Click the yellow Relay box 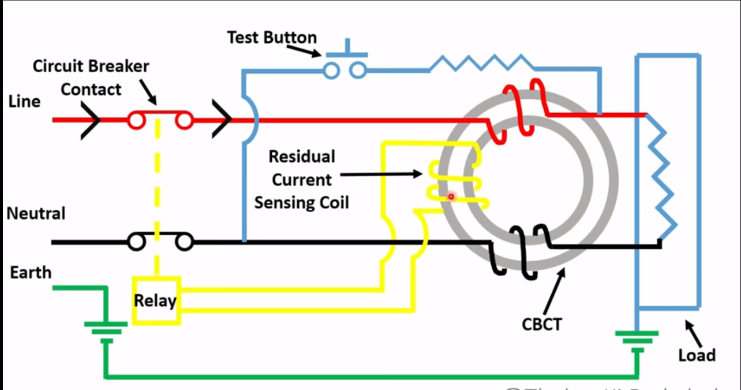[x=156, y=300]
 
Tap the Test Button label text [x=272, y=38]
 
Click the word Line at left [x=24, y=102]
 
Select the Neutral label [x=36, y=214]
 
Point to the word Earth [x=31, y=272]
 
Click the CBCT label [x=541, y=324]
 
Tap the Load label [x=697, y=355]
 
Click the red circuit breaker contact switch [x=160, y=120]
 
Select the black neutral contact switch [x=160, y=242]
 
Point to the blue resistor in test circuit [x=482, y=62]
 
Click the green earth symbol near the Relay [x=106, y=329]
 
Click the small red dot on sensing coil [x=451, y=197]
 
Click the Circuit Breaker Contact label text [x=91, y=78]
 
